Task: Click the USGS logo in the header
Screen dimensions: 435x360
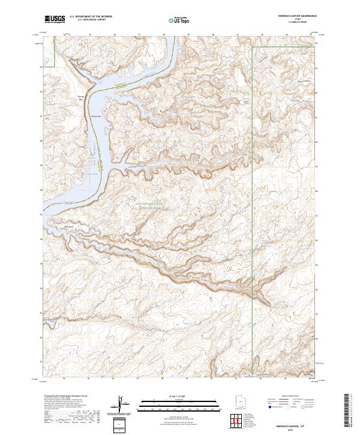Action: (x=55, y=19)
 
